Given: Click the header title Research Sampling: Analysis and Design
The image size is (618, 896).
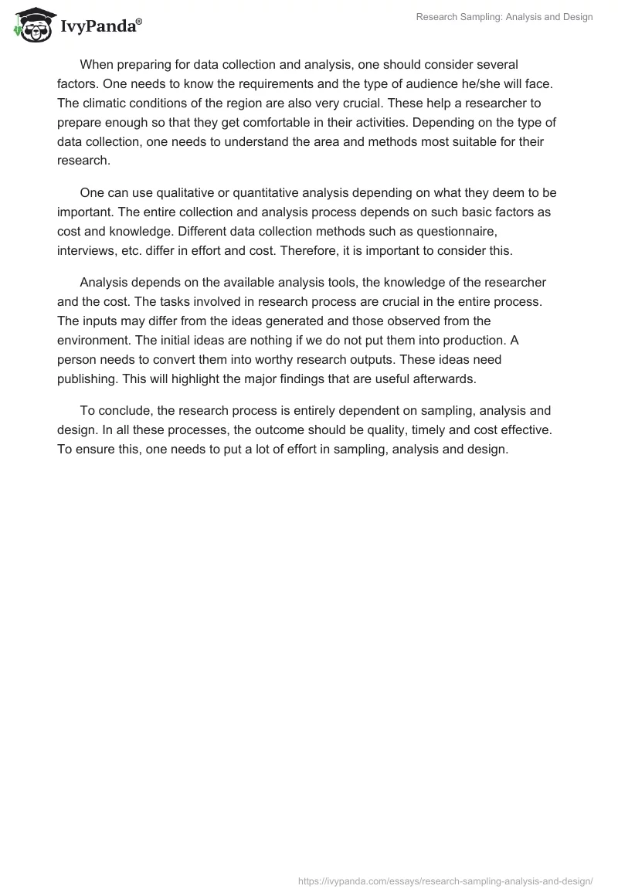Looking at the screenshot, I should (504, 17).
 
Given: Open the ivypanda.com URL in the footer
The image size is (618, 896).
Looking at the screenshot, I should (446, 880).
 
